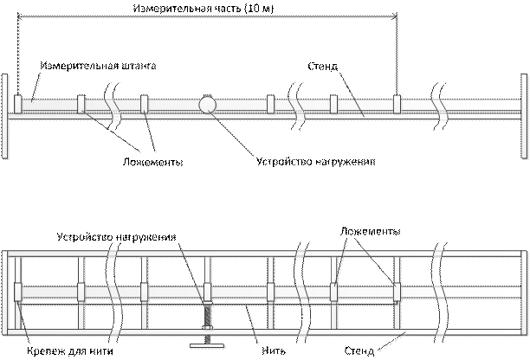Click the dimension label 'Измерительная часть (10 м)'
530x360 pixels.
[x=204, y=8]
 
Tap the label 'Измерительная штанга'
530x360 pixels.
[x=98, y=65]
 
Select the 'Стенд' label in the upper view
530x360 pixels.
[x=322, y=66]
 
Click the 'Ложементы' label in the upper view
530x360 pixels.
[x=152, y=162]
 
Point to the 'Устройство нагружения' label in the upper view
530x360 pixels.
[x=316, y=162]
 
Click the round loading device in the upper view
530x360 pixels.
[x=207, y=105]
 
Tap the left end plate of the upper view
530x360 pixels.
[x=4, y=116]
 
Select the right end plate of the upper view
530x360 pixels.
[x=524, y=116]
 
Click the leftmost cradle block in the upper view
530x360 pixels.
[x=17, y=105]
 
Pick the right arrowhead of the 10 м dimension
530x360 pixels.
[x=395, y=16]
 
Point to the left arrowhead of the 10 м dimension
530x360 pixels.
[x=20, y=16]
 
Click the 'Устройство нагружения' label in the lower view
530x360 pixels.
[x=117, y=237]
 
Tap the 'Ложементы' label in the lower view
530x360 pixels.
[x=370, y=231]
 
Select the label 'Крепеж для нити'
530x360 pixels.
[x=70, y=351]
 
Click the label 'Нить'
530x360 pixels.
[x=274, y=351]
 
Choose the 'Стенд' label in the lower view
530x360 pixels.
[x=359, y=350]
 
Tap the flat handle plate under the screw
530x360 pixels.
[x=207, y=345]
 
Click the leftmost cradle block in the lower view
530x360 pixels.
[x=17, y=292]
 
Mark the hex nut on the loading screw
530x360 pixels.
[x=207, y=327]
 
